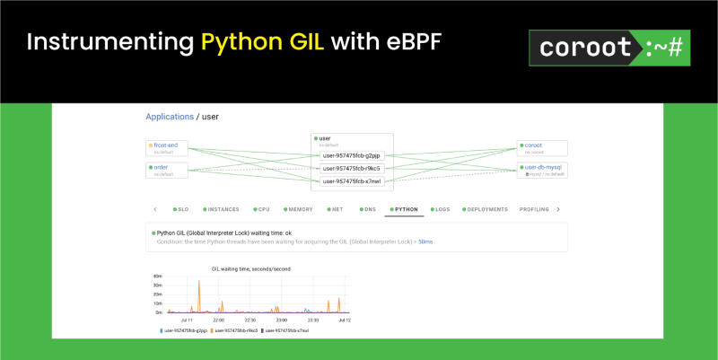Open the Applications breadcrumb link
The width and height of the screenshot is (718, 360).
[x=170, y=117]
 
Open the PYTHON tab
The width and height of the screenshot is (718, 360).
[x=405, y=209]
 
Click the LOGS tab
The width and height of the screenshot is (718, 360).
[x=440, y=209]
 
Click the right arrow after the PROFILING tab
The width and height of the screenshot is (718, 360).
[x=557, y=209]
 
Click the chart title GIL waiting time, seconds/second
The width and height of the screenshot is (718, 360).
[x=250, y=268]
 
